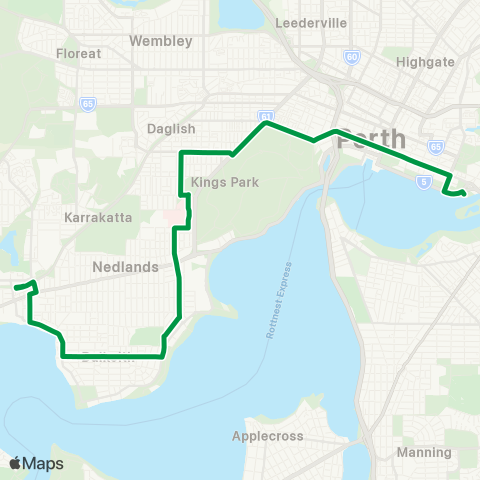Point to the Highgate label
click(425, 61)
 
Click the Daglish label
click(170, 129)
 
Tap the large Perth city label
click(372, 139)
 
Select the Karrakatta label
click(97, 216)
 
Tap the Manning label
click(424, 452)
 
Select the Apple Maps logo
click(35, 463)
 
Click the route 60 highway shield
click(352, 56)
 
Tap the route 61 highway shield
click(265, 115)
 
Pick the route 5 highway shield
click(424, 182)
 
